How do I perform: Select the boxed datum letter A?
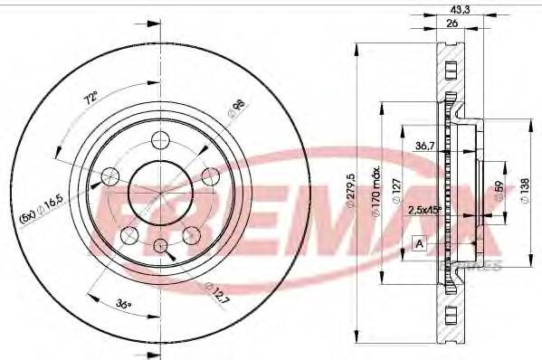(x=419, y=242)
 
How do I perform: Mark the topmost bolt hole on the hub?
(x=161, y=138)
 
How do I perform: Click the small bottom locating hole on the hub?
(x=160, y=245)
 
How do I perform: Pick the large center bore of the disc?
(x=153, y=190)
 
